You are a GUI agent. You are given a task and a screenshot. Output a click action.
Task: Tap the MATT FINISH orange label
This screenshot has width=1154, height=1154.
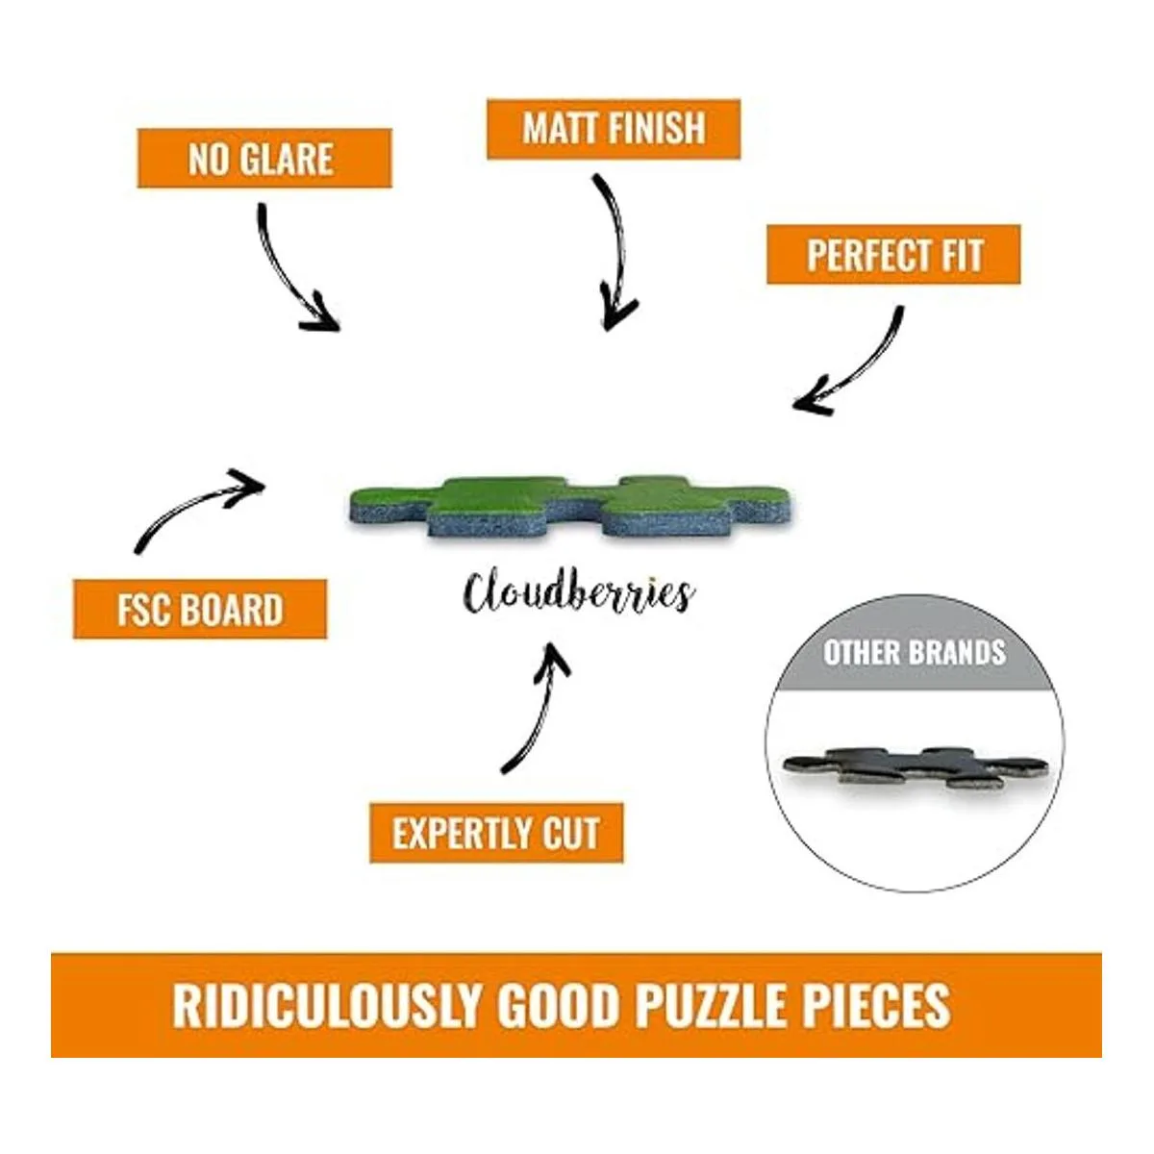614,129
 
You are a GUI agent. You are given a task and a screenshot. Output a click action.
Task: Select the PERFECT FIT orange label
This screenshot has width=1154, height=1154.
893,255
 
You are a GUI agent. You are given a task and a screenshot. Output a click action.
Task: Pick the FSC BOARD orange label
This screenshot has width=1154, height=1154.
200,610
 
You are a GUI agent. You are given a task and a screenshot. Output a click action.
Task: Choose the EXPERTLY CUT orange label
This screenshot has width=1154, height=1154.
496,833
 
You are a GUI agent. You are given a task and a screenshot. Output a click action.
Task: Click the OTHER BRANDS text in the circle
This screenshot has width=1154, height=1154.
914,653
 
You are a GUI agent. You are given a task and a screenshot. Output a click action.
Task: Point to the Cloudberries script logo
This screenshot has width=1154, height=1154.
577,592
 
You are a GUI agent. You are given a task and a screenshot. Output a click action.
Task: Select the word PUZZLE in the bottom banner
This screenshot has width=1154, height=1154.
710,1005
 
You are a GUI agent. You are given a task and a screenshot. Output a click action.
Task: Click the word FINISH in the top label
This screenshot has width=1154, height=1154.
654,129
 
